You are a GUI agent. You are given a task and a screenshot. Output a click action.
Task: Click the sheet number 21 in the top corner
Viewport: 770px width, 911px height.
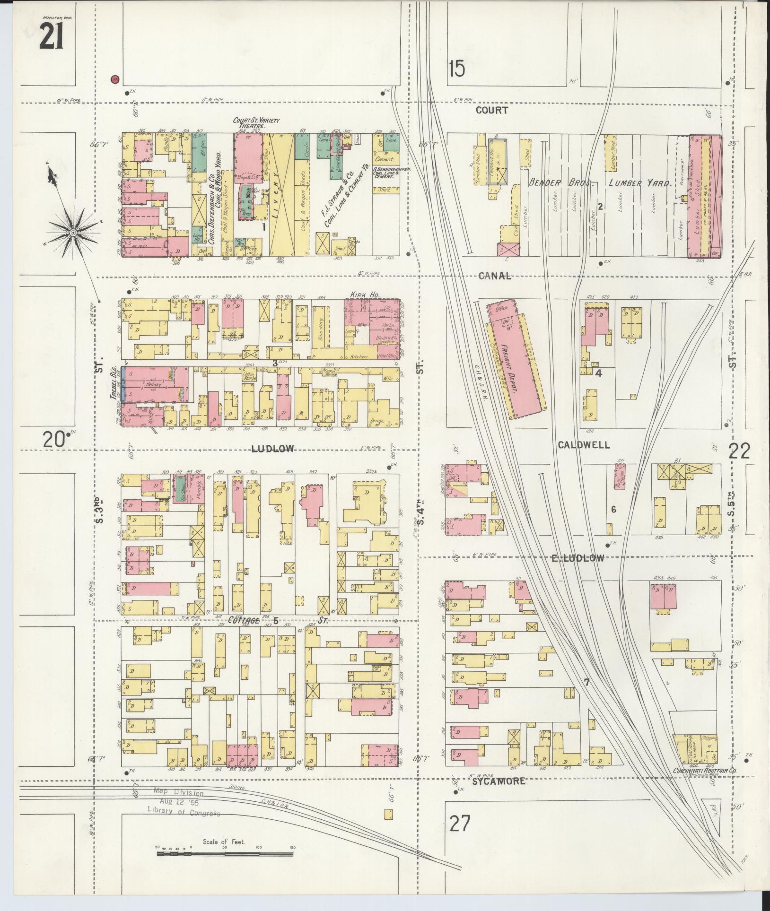click(51, 36)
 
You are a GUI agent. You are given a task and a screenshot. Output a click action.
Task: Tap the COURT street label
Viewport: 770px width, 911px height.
click(492, 110)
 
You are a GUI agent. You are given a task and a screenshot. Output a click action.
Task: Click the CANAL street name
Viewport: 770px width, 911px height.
click(495, 276)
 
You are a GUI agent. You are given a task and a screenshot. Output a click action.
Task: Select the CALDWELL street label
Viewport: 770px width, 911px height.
click(584, 445)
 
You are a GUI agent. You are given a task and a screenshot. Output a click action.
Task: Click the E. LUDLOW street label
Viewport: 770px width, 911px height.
click(577, 558)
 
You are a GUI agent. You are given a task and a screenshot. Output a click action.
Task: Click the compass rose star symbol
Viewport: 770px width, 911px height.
click(74, 232)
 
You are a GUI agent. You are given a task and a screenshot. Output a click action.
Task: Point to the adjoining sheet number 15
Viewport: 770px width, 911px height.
click(457, 69)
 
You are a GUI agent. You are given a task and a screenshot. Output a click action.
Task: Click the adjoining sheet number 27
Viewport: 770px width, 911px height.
click(460, 824)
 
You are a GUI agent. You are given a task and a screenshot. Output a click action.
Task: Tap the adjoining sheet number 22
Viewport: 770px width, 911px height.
click(739, 451)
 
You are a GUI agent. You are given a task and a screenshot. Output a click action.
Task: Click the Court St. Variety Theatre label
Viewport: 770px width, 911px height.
click(256, 123)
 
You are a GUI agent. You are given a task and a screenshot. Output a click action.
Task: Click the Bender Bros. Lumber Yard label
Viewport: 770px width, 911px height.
click(599, 183)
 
